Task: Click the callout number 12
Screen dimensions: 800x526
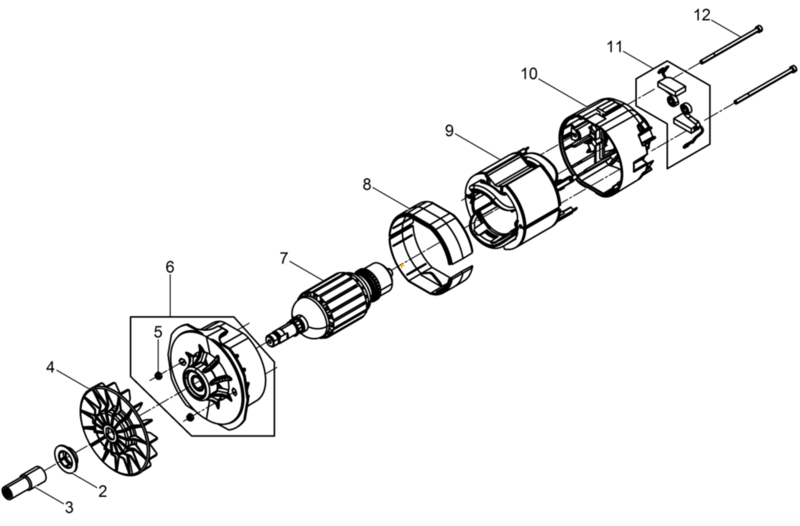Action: (702, 16)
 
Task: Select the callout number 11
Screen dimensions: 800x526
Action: (615, 47)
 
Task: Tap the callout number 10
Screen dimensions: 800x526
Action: (529, 74)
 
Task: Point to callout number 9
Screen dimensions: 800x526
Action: (449, 131)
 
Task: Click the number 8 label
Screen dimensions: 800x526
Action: (367, 185)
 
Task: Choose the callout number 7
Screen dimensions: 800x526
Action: (284, 259)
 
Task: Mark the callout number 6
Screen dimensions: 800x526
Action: (170, 267)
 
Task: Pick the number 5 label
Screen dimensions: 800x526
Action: (158, 332)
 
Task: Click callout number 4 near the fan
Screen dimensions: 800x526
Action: (50, 367)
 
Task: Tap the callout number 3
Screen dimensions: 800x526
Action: (69, 507)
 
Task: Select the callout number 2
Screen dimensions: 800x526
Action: (102, 491)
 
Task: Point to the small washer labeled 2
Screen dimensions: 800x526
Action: (66, 459)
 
